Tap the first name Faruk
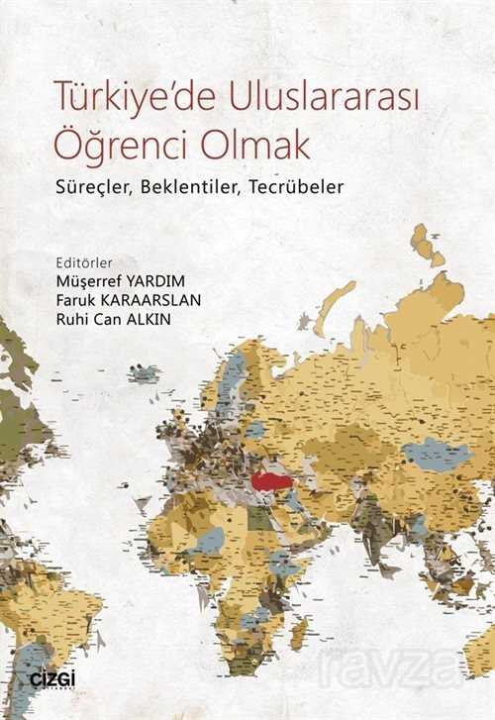[79, 302]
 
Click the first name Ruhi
[77, 321]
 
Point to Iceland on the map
[144, 373]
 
